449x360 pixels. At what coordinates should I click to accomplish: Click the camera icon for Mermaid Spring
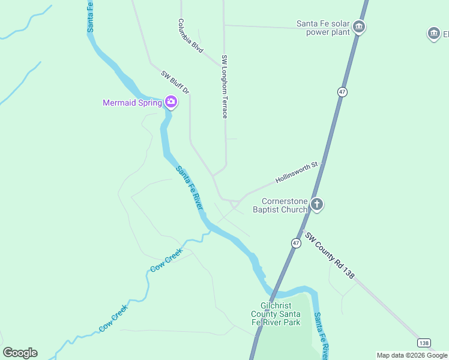[171, 102]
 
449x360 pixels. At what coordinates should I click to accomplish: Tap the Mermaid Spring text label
[132, 103]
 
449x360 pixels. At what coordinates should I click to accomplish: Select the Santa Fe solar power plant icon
[359, 27]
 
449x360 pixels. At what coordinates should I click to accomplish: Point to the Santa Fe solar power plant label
[323, 28]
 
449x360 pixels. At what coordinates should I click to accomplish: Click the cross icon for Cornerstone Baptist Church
[317, 205]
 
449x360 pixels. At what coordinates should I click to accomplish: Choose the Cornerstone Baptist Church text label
[280, 205]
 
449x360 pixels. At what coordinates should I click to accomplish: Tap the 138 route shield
[424, 343]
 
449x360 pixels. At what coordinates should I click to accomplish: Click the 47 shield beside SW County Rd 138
[296, 243]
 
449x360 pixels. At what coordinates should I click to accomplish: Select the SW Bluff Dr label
[175, 83]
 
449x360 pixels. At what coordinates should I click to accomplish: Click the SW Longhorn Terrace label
[224, 86]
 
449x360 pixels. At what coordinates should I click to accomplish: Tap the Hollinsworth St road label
[296, 173]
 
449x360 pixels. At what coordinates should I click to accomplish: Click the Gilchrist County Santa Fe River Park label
[276, 314]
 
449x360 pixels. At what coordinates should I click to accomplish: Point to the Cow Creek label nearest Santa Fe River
[165, 262]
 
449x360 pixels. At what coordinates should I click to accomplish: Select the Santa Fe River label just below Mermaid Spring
[189, 188]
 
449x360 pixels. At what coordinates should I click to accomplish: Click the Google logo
[20, 353]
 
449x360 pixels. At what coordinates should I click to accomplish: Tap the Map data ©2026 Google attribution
[412, 355]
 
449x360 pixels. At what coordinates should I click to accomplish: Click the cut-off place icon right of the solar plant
[434, 34]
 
